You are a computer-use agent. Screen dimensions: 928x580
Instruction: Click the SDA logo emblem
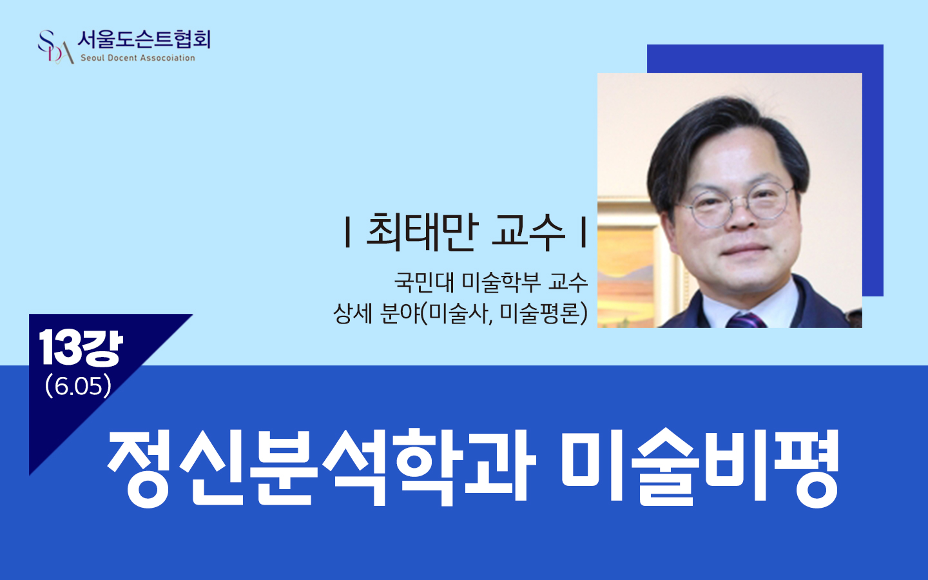[x=55, y=47]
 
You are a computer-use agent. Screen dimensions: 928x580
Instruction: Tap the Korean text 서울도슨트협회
[x=144, y=40]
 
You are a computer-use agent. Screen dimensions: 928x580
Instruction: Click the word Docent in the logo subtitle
[x=119, y=58]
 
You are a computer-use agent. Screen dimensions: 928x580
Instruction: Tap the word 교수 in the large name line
[x=528, y=232]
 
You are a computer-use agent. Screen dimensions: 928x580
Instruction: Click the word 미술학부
[x=501, y=282]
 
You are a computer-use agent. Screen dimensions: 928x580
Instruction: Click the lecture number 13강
[x=81, y=348]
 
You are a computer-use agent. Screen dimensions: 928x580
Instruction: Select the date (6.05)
[x=79, y=386]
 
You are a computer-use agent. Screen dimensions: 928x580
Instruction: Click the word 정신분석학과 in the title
[x=322, y=467]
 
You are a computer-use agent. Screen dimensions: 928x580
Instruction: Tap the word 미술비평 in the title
[x=700, y=467]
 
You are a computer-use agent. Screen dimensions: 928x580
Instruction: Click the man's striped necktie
[x=744, y=320]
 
